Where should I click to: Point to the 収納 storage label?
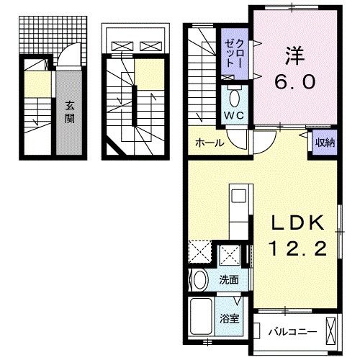coord(322,143)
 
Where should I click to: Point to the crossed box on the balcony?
coord(332,332)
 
